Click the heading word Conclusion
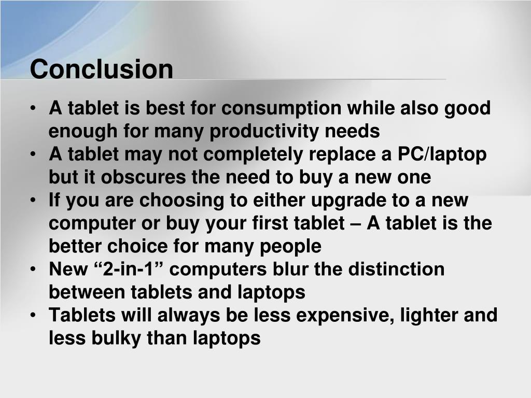click(x=102, y=69)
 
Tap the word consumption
click(x=282, y=109)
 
